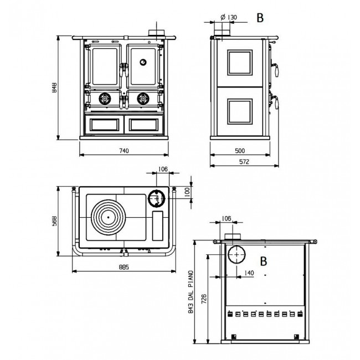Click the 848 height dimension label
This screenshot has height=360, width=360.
(x=54, y=88)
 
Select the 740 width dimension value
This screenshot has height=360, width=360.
(x=124, y=151)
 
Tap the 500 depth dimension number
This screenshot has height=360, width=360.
(x=240, y=151)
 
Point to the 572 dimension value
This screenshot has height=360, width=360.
(x=244, y=162)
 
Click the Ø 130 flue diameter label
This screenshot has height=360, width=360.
(x=229, y=17)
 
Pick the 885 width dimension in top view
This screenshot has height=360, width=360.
(x=124, y=267)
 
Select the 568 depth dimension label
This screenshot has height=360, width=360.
(x=54, y=221)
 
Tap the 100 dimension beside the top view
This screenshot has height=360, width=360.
(x=187, y=192)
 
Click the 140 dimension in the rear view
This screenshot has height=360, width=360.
(x=249, y=272)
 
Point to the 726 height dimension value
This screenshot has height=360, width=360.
(x=204, y=299)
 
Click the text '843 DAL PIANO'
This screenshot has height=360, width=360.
(x=191, y=292)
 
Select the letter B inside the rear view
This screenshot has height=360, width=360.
(x=264, y=261)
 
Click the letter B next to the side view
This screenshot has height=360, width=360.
(x=260, y=18)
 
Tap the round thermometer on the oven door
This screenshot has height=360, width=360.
(x=143, y=62)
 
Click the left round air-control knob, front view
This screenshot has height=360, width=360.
(x=105, y=99)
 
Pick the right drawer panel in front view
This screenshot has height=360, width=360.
(x=144, y=125)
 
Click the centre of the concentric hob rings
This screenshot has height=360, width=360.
(x=108, y=217)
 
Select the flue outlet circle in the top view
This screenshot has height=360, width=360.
(x=157, y=198)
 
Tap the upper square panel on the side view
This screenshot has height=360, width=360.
(x=240, y=63)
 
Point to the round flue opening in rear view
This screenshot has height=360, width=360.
(x=236, y=254)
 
